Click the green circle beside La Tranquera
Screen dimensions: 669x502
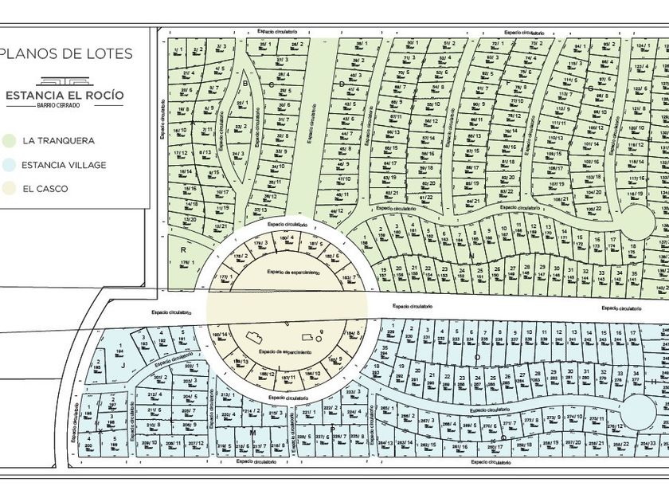(x=9, y=140)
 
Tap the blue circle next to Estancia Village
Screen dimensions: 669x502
(x=9, y=165)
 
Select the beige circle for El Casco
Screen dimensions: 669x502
(x=9, y=190)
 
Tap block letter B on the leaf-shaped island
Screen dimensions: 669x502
(x=246, y=83)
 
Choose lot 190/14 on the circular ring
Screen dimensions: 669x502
(x=220, y=335)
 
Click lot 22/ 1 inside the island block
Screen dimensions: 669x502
(x=241, y=104)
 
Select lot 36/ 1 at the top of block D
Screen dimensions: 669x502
(x=362, y=44)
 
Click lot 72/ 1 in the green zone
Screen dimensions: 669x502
(x=498, y=44)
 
